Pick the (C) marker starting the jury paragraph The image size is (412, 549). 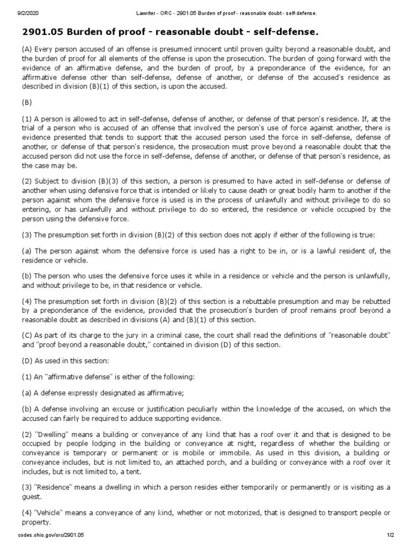tap(27, 335)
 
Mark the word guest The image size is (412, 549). tap(31, 496)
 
